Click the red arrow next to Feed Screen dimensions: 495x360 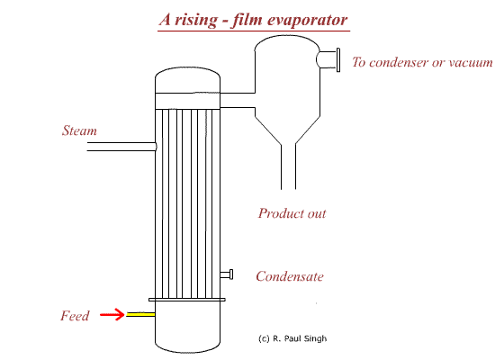click(x=112, y=314)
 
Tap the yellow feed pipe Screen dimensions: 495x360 click(x=140, y=314)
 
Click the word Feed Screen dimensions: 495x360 click(x=75, y=316)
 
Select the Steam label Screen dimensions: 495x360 click(x=79, y=130)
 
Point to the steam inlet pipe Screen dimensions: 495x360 click(x=121, y=147)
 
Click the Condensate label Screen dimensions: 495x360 click(x=290, y=276)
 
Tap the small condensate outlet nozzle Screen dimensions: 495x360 click(x=227, y=274)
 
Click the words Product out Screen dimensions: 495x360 click(x=292, y=213)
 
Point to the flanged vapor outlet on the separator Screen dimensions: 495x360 click(x=328, y=59)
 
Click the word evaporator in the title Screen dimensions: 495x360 click(x=307, y=20)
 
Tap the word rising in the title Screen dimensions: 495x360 click(x=196, y=20)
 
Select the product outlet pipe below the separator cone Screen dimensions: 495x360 click(x=289, y=166)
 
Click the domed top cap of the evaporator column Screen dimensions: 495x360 click(x=187, y=80)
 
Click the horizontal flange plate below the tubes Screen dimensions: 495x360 click(x=187, y=300)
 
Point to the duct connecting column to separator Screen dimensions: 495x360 click(x=238, y=100)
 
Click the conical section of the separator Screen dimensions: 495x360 click(x=288, y=130)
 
